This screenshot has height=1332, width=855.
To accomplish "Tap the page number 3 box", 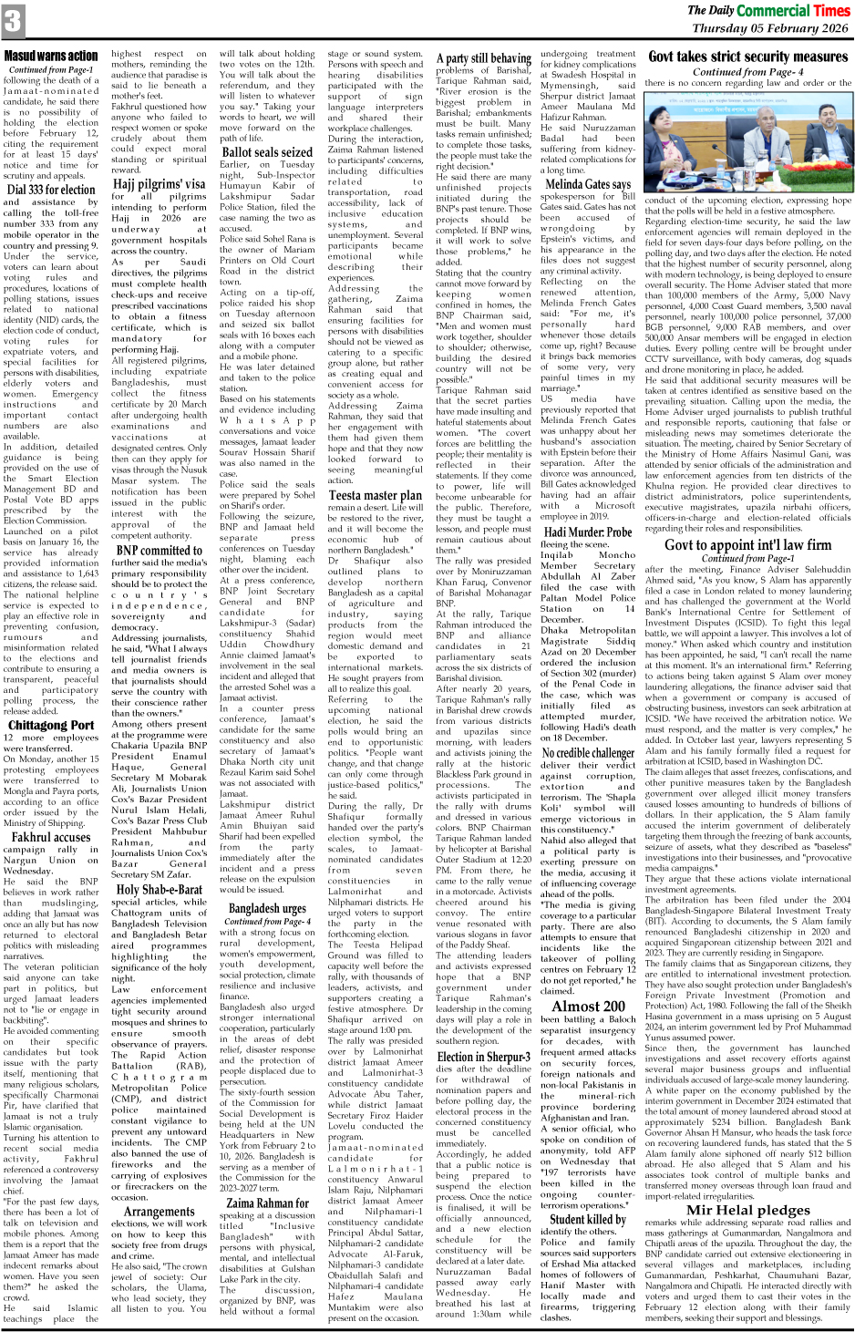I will (13, 21).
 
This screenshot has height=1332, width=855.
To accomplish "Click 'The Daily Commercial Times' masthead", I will (768, 10).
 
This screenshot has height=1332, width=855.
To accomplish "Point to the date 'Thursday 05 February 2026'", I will (770, 28).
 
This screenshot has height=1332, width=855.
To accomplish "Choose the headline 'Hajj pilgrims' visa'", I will (159, 183).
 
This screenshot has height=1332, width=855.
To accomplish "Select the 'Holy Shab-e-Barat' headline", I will (159, 889).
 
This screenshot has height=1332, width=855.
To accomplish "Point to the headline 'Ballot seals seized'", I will (267, 152).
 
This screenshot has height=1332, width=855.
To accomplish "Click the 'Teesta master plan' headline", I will (375, 495).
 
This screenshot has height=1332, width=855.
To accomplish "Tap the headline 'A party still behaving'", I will (483, 57).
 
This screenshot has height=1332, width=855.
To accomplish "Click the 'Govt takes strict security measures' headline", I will (747, 57).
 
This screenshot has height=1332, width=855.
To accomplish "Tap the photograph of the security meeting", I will (747, 142).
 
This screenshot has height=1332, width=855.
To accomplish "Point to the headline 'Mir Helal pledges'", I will (747, 1210).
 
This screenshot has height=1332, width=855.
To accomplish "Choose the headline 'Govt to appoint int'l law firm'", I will (747, 545).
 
